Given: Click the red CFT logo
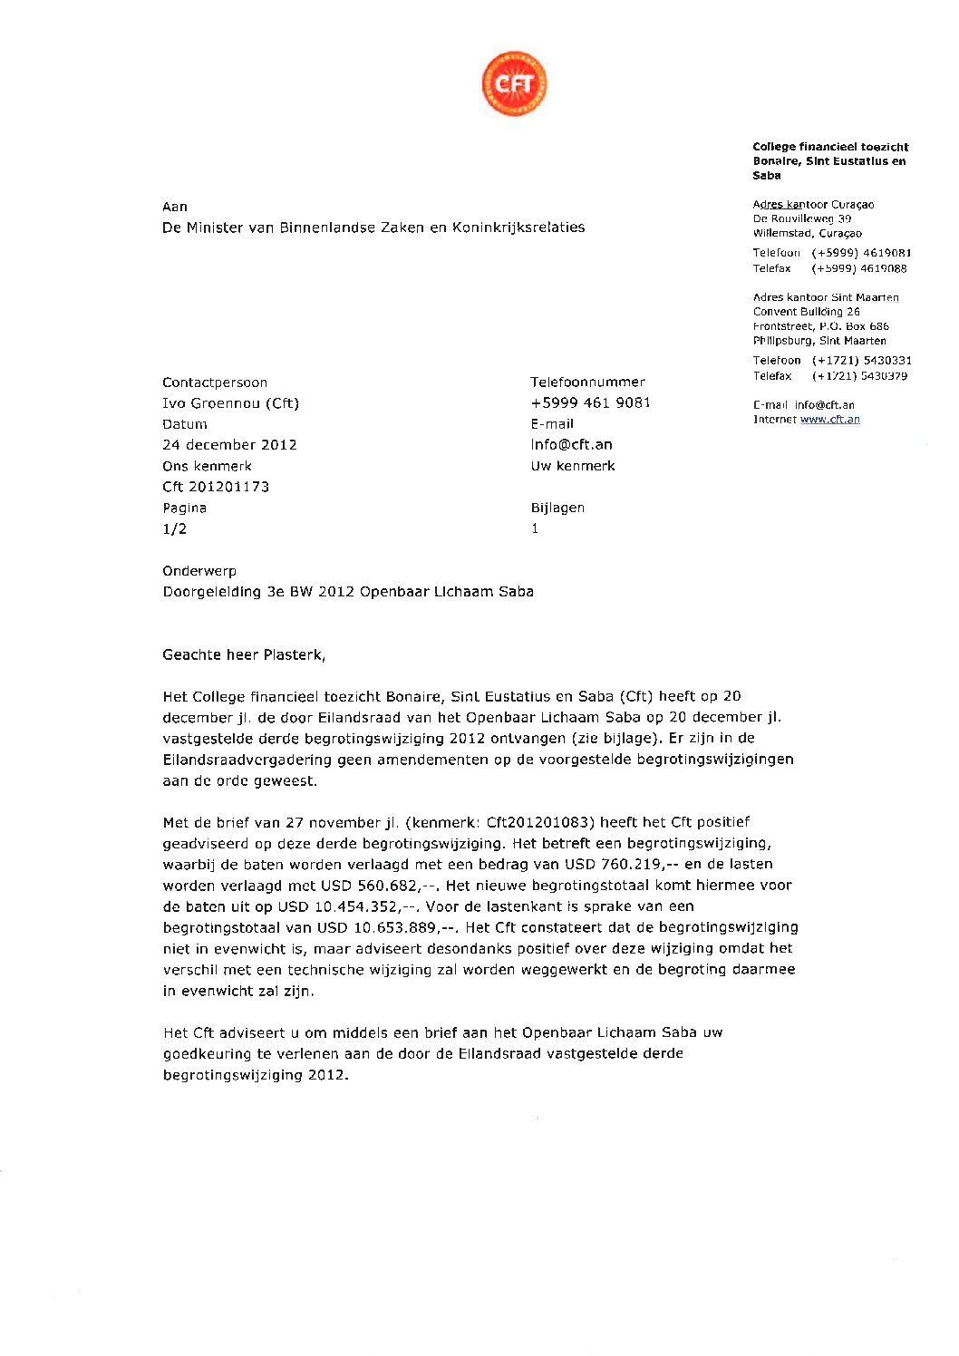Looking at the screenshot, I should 514,83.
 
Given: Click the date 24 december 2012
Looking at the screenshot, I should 229,445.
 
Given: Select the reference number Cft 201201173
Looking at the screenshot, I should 216,487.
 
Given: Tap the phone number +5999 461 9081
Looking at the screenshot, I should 590,402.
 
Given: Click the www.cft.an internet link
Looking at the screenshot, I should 829,420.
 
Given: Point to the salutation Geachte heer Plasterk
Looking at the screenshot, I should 244,654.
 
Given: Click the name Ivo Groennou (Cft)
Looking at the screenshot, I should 230,403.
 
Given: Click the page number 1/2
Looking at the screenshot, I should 174,529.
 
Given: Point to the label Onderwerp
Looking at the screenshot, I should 199,571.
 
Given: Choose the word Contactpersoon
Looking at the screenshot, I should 215,383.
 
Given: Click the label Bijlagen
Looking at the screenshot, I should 557,508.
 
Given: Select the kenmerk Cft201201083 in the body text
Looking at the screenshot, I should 539,823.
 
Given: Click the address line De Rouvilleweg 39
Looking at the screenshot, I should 801,218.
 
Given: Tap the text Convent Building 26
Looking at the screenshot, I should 806,312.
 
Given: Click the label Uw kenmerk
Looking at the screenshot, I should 573,466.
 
